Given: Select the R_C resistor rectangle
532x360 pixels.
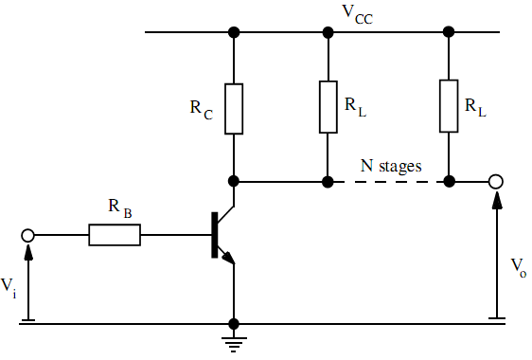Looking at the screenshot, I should tap(234, 108).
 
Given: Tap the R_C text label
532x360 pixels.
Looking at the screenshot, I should tap(202, 107).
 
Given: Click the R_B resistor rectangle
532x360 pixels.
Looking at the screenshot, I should tap(115, 235).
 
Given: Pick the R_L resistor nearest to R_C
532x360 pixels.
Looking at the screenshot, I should tap(328, 106).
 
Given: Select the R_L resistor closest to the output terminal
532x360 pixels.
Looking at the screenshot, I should tap(449, 106).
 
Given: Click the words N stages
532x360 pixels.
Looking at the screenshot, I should tap(390, 165).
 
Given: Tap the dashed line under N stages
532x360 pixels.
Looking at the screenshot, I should tap(388, 180).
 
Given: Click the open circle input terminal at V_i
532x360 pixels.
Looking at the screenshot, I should tap(28, 235).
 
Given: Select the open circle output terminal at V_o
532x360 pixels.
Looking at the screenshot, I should tap(495, 180).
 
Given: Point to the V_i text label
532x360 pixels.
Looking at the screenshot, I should tap(9, 285).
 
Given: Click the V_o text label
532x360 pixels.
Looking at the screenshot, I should tap(517, 264).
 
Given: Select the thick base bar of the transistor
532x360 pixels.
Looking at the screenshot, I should tap(213, 234).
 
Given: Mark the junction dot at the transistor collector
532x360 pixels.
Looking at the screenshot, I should tap(234, 180).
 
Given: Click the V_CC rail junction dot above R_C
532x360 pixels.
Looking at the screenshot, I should tap(234, 32).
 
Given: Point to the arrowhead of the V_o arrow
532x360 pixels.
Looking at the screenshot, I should tap(495, 195).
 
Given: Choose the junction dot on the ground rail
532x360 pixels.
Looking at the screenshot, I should tap(234, 324).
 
